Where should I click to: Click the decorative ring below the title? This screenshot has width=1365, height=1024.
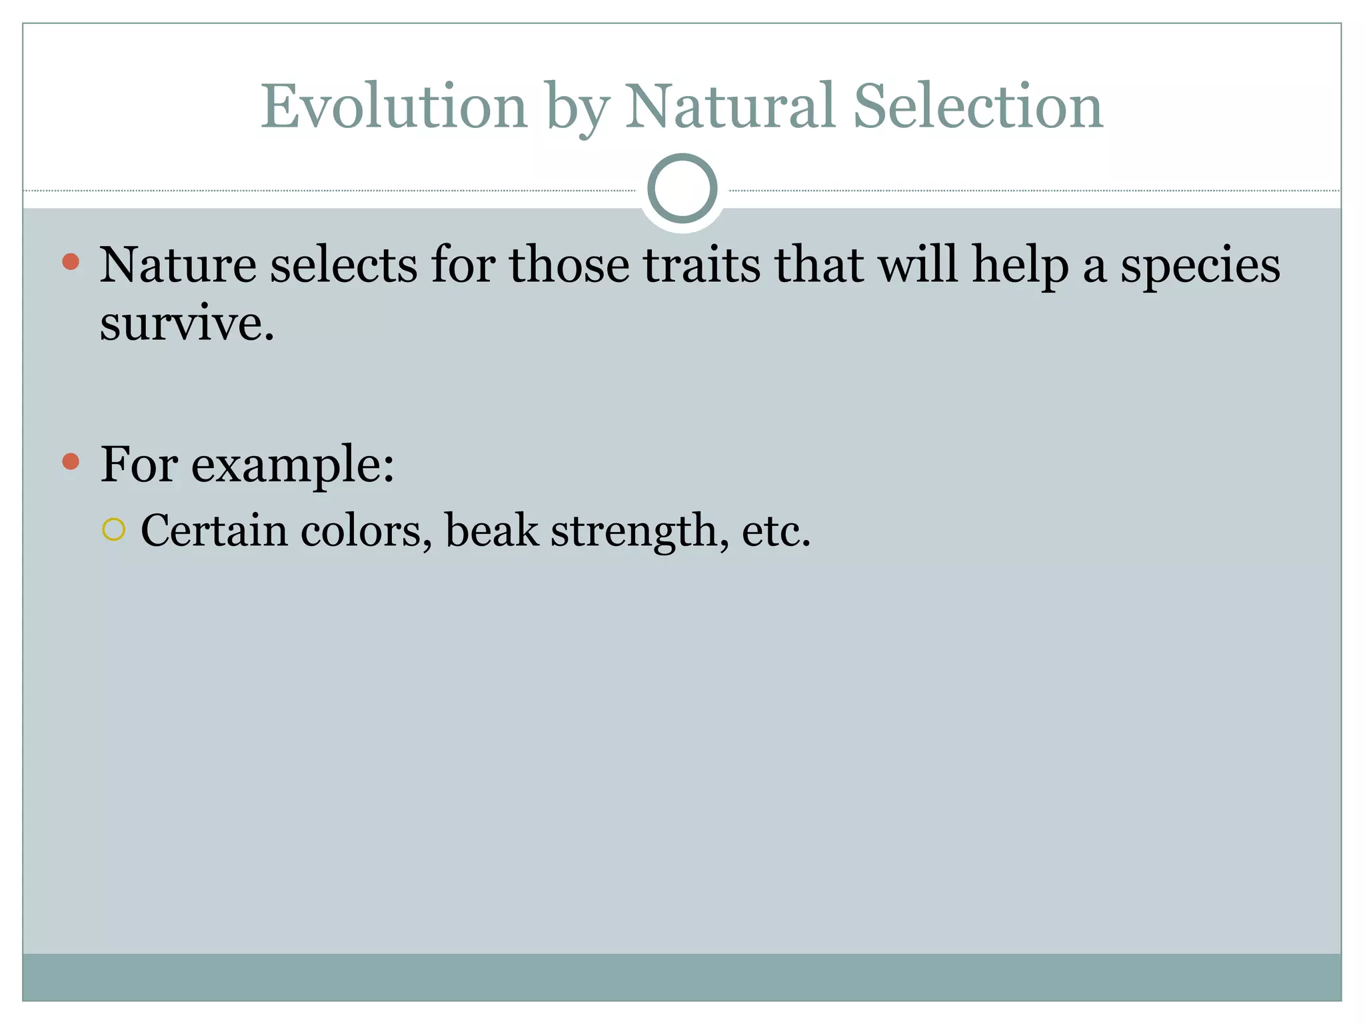tap(682, 188)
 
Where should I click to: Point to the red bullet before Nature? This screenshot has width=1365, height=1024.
tap(71, 261)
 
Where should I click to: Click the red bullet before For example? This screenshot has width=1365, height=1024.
tap(71, 461)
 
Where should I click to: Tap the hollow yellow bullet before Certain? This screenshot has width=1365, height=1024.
tap(114, 530)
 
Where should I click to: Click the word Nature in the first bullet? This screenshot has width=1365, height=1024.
tap(178, 265)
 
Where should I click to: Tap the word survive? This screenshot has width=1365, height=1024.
tap(187, 324)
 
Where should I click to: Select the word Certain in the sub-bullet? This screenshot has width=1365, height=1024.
tap(213, 531)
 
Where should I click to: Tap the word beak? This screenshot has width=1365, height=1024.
tap(491, 531)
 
